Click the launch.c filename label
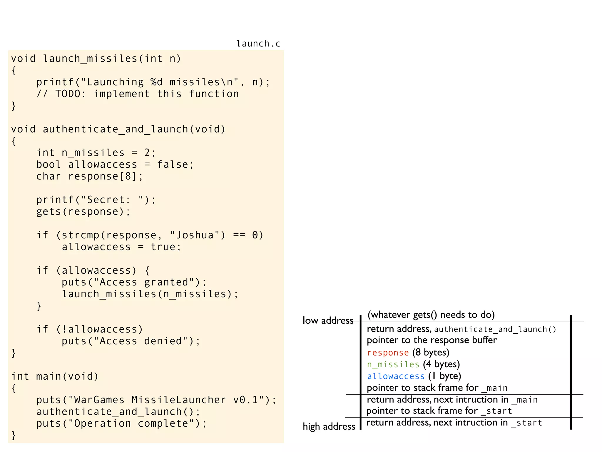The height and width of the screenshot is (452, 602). coord(258,44)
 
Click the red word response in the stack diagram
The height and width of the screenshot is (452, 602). coord(388,353)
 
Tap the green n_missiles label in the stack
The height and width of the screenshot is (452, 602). coord(393,365)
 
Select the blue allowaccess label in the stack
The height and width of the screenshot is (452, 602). coord(396,376)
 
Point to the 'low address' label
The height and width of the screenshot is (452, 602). coord(328,320)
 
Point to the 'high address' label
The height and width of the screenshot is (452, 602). coord(329,426)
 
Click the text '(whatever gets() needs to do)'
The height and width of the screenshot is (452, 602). coord(431,315)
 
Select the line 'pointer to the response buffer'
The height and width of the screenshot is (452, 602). coord(432,340)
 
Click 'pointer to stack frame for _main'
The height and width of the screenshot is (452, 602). coord(437,388)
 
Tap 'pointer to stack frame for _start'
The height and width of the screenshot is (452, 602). coord(439,411)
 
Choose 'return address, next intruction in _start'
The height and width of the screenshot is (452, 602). coord(454,423)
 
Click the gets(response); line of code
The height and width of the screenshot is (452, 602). coord(83,212)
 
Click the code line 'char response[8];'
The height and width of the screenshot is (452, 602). coord(89,176)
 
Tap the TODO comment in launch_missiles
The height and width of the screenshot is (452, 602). coord(138,94)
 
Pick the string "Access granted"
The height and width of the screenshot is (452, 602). coord(144,282)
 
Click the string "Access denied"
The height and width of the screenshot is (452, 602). coord(141,341)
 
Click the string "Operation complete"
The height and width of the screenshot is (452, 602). coord(131,423)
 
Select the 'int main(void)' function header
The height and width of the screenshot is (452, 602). coord(55,376)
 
